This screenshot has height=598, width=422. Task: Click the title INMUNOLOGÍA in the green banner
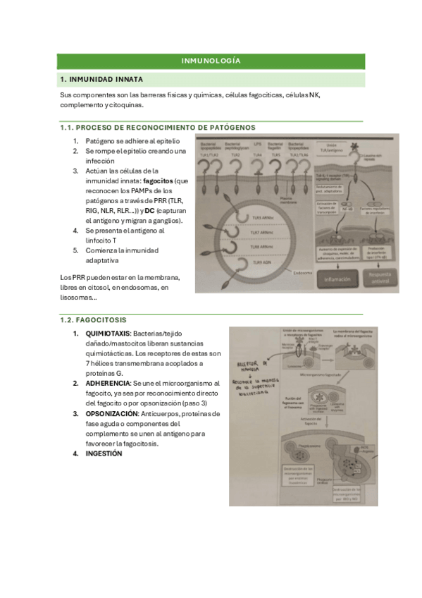211,61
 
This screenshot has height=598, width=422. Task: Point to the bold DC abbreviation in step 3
149,211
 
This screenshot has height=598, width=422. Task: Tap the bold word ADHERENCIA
106,383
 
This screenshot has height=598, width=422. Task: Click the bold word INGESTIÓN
104,453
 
